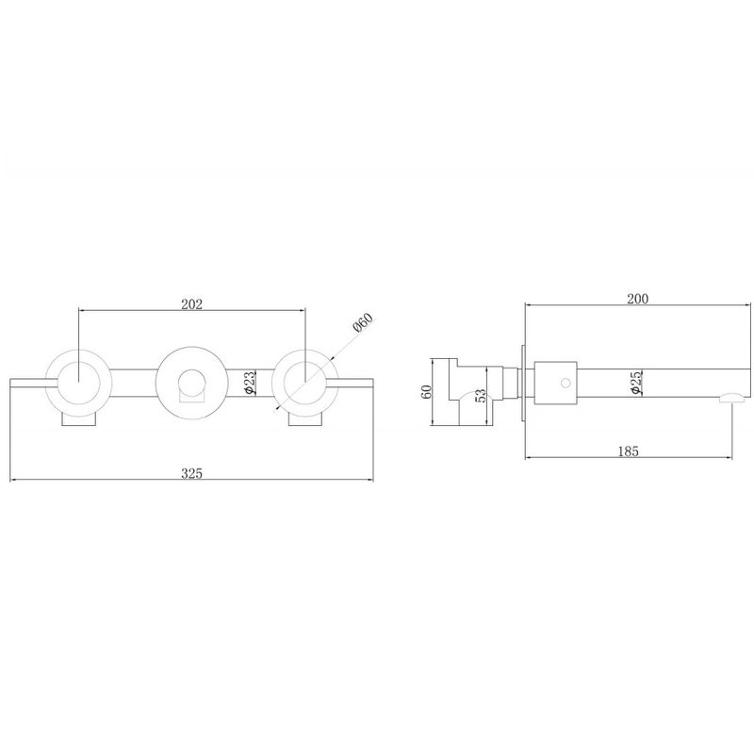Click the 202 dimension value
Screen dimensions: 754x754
192,303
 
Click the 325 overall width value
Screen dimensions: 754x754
192,474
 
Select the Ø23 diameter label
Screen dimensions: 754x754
250,383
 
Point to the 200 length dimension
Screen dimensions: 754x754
638,299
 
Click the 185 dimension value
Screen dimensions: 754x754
628,451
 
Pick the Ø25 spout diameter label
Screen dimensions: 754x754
636,383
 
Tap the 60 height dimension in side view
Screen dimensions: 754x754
426,391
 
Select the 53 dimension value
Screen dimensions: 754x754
481,395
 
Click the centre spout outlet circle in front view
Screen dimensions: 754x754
191,383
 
